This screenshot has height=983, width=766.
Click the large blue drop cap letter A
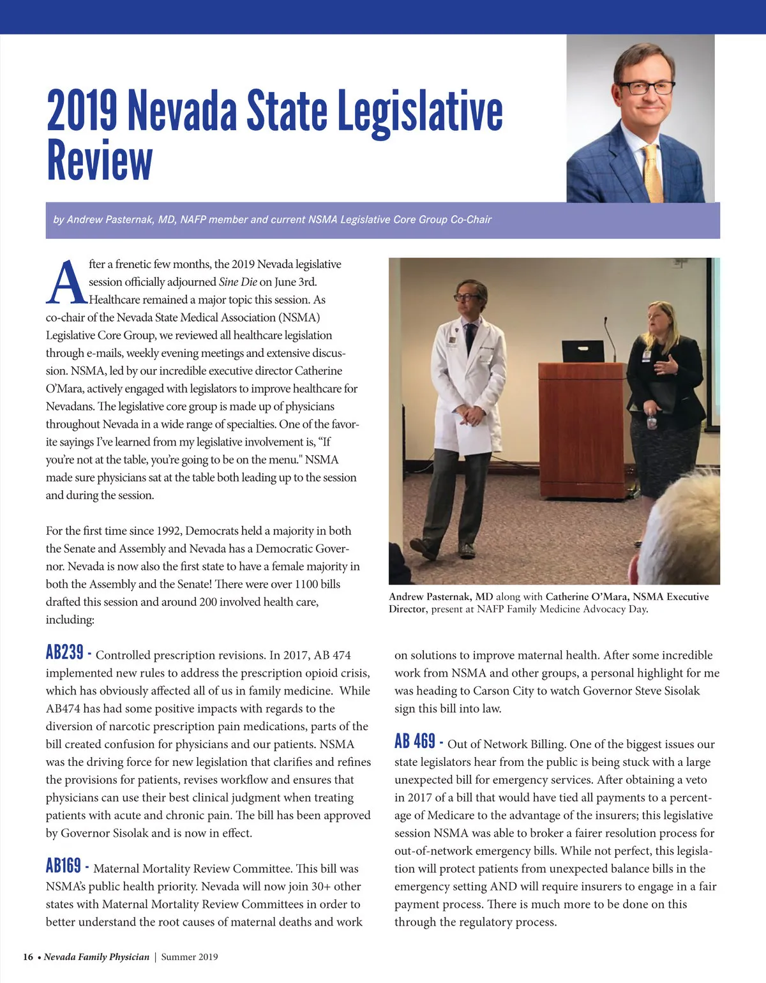(66, 282)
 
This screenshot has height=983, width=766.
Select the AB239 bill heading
(64, 652)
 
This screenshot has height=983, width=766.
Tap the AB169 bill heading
(63, 866)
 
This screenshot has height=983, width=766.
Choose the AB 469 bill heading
(414, 742)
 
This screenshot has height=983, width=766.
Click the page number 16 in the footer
(28, 957)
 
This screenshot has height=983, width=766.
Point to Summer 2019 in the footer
(190, 957)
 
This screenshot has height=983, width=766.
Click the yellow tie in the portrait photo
(652, 172)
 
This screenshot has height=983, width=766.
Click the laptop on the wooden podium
(582, 352)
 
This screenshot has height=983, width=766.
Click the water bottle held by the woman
(650, 421)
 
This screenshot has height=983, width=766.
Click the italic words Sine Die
(237, 282)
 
